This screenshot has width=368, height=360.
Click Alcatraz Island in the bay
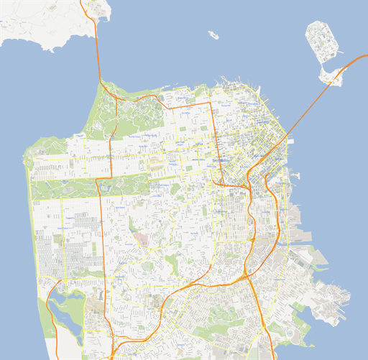[213, 34]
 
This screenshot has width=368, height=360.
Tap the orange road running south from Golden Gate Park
[101, 237]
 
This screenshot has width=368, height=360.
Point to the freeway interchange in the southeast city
[246, 274]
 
